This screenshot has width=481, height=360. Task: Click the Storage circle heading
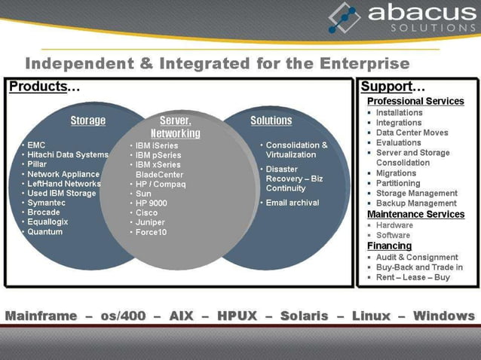[88, 121]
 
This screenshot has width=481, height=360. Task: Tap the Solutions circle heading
[271, 121]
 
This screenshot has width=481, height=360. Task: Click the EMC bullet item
[37, 145]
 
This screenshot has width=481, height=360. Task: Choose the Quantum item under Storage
[45, 232]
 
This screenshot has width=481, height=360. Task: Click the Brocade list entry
[44, 212]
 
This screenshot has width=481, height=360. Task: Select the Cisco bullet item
[147, 213]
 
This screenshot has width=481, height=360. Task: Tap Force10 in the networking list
[152, 233]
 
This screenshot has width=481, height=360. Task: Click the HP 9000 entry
[152, 203]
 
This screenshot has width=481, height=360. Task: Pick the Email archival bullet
[293, 203]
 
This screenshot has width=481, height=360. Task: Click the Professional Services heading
[415, 101]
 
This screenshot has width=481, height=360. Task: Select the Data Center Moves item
[412, 133]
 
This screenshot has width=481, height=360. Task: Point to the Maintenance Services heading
[415, 215]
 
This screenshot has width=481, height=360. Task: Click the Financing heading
[389, 246]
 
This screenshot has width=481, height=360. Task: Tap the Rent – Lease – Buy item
[412, 277]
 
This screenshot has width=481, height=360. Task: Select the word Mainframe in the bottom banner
[42, 316]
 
